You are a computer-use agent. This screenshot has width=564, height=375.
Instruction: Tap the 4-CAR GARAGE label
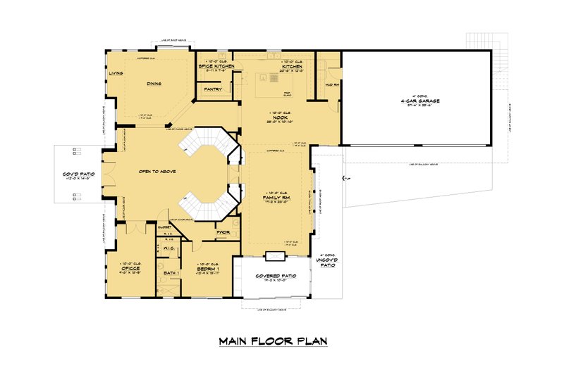[x=419, y=101]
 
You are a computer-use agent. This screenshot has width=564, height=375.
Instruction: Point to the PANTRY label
[x=213, y=90]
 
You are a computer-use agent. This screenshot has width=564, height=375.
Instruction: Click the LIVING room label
[x=116, y=72]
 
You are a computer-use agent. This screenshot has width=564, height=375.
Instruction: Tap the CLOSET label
[x=165, y=227]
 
